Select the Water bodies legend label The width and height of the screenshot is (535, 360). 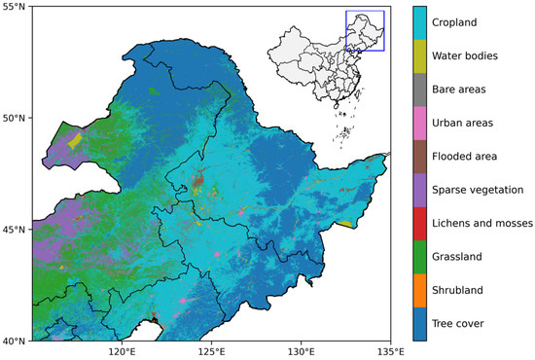[x=472, y=56]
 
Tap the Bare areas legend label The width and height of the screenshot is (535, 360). [x=468, y=90]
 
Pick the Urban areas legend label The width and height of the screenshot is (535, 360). [x=470, y=123]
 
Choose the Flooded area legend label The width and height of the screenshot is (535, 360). [x=473, y=157]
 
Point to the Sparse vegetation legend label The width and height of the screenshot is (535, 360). [x=483, y=190]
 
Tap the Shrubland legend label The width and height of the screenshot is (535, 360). [x=467, y=290]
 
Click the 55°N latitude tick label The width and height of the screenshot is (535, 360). [x=15, y=7]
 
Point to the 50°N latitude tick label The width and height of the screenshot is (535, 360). [x=15, y=119]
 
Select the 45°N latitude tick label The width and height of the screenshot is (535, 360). [x=15, y=230]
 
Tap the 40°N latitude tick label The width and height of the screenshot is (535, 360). [x=15, y=341]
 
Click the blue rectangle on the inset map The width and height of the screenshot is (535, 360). [x=366, y=30]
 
